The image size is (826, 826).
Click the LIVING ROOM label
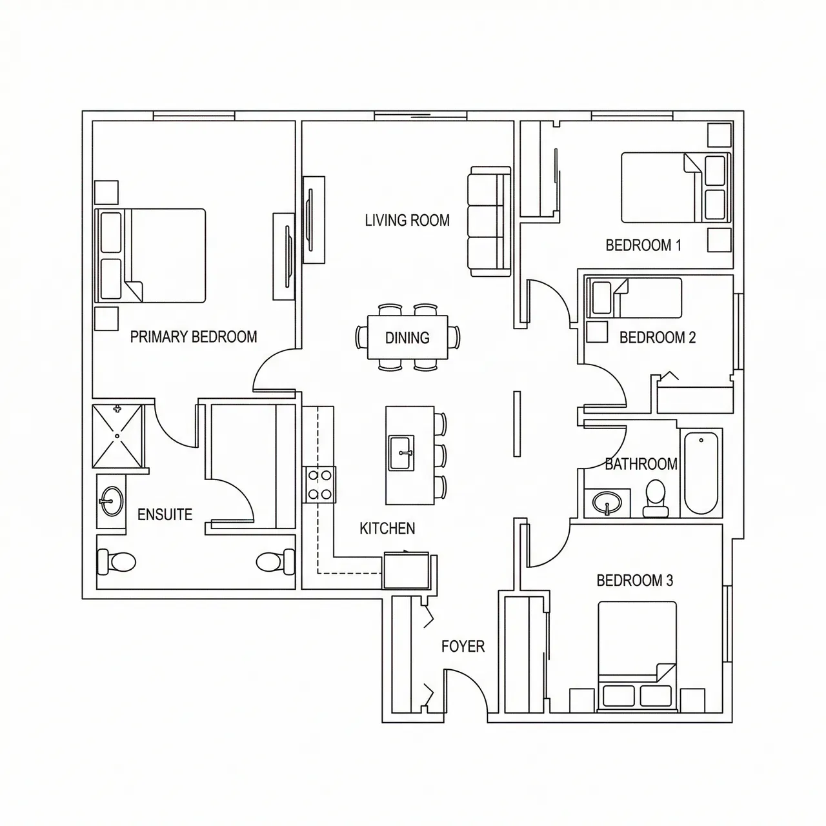(407, 221)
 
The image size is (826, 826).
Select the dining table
(407, 337)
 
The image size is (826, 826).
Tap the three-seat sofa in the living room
(489, 221)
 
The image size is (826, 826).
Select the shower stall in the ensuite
(117, 436)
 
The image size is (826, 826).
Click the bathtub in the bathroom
(701, 473)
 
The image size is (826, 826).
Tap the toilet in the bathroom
(656, 499)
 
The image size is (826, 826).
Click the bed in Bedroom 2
(636, 297)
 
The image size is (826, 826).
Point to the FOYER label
(463, 647)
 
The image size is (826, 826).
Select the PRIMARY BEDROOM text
(194, 337)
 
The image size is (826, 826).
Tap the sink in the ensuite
(111, 500)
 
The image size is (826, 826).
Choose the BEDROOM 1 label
(643, 245)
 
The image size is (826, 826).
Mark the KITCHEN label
(387, 529)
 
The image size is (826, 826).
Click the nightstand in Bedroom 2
(596, 332)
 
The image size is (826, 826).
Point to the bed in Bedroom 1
(675, 187)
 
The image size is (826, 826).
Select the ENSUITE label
(165, 514)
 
